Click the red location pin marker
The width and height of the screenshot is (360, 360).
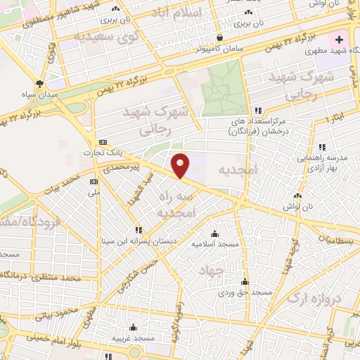coord(181,166)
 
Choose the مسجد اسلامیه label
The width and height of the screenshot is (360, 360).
coord(215,244)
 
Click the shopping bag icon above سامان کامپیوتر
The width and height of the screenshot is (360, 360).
coord(220,37)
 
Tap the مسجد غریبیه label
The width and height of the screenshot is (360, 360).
coord(136,338)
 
